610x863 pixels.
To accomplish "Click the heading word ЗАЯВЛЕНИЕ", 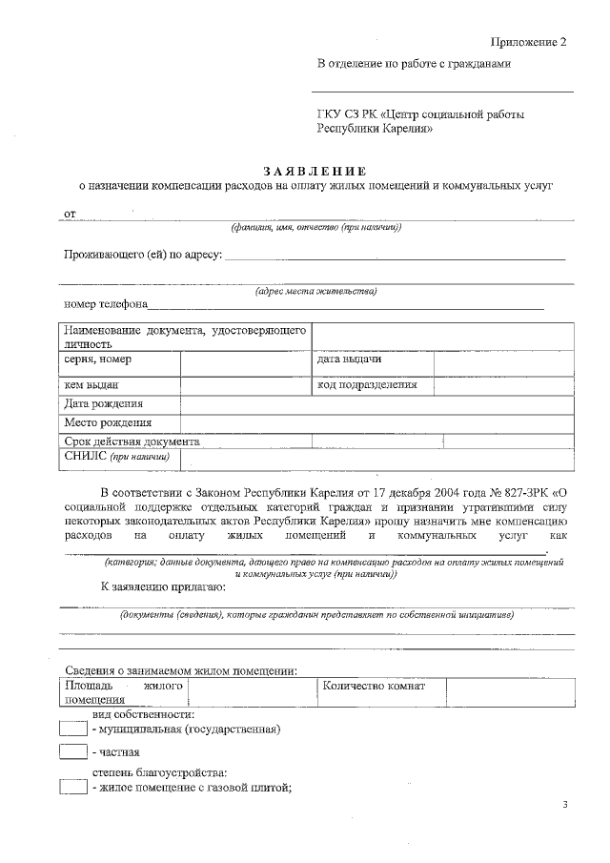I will pos(315,170).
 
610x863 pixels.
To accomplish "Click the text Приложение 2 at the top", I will pos(528,44).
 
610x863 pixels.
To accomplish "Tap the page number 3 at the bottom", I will pos(564,806).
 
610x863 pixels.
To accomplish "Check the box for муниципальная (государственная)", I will pos(72,729).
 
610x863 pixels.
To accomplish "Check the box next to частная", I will pos(72,752).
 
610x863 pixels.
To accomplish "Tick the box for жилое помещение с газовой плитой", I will pos(72,787).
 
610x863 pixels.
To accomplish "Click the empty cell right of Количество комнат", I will pos(509,690).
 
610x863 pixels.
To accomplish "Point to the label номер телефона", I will pos(105,304).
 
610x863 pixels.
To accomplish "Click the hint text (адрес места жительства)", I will pos(315,291).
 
